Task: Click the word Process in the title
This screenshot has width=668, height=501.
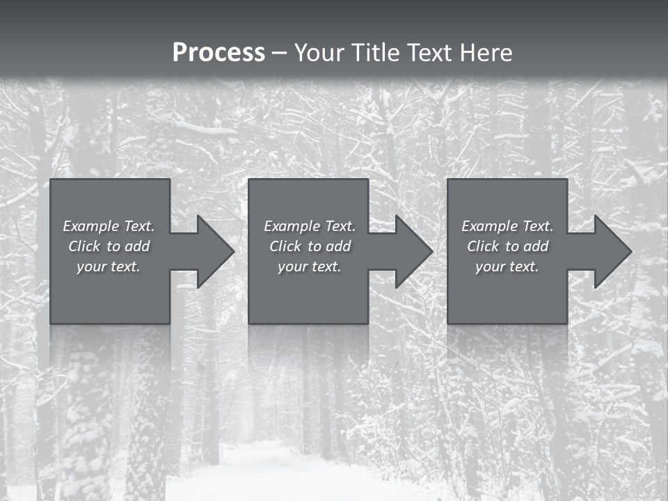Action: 218,52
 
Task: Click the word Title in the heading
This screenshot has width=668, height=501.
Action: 374,52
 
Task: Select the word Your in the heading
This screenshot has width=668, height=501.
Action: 319,52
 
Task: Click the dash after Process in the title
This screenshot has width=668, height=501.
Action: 280,53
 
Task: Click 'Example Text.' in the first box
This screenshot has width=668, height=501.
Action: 109,226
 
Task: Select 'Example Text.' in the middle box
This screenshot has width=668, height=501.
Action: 310,226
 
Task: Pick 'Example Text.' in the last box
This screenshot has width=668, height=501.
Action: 507,226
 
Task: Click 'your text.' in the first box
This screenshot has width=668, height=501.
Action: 109,267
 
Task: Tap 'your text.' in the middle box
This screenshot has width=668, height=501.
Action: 310,267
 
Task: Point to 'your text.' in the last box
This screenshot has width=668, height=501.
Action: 507,267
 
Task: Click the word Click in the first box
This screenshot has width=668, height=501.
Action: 84,246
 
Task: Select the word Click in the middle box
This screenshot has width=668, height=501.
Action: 285,246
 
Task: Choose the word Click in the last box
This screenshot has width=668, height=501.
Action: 483,246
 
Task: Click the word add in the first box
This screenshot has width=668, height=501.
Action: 138,246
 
